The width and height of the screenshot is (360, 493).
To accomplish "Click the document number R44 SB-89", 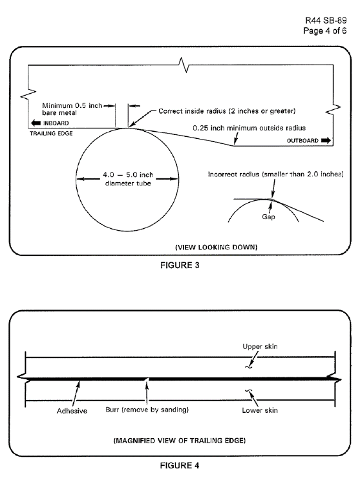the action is pos(326,21).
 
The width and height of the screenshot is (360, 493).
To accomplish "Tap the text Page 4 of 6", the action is pos(325,30).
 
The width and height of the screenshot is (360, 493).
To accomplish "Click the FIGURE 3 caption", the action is pos(180,266).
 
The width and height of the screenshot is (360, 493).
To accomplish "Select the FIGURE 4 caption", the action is pos(180,465).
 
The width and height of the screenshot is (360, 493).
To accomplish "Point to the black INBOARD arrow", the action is pos(36,123).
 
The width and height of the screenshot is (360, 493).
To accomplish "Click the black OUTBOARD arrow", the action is pos(326,141).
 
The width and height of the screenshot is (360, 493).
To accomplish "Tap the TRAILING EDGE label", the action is pos(51,134).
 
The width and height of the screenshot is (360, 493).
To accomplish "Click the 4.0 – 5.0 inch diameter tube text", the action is pos(128,179).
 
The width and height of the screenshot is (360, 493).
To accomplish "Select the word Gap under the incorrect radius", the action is pos(268,216).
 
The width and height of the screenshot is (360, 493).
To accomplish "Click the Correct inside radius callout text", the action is pos(227,111).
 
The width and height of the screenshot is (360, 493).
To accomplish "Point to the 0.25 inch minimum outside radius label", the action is pos(249,128).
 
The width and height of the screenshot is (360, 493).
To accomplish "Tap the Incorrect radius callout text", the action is pos(275,174).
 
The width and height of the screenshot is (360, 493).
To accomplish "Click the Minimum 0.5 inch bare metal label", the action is pos(72,109).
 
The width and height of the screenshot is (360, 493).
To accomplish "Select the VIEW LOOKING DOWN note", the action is pos(216,247).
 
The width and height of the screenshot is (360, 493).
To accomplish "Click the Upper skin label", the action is pos(260,346).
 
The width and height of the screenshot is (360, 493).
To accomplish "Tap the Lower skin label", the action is pos(260,410).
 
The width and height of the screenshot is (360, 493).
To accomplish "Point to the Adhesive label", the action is pos(72,411).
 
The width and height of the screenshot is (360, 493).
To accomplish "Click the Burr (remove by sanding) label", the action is pos(147,410).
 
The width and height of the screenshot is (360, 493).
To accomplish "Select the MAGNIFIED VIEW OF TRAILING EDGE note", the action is pos(179,441).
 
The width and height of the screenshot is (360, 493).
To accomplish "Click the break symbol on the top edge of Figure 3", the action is pos(184,65).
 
